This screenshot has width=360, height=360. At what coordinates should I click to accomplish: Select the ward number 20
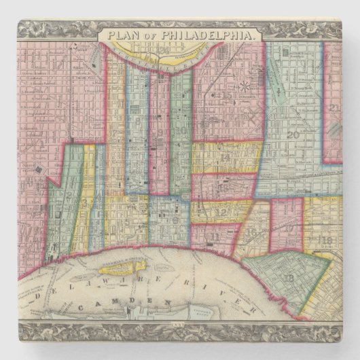coord(293,134)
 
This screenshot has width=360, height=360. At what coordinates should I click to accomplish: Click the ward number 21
coord(334,108)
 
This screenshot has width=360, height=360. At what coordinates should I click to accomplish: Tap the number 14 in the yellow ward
coord(226,157)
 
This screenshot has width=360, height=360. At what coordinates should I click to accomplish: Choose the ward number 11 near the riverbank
coord(216,236)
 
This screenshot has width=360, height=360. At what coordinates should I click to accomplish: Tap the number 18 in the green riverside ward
coord(293,278)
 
